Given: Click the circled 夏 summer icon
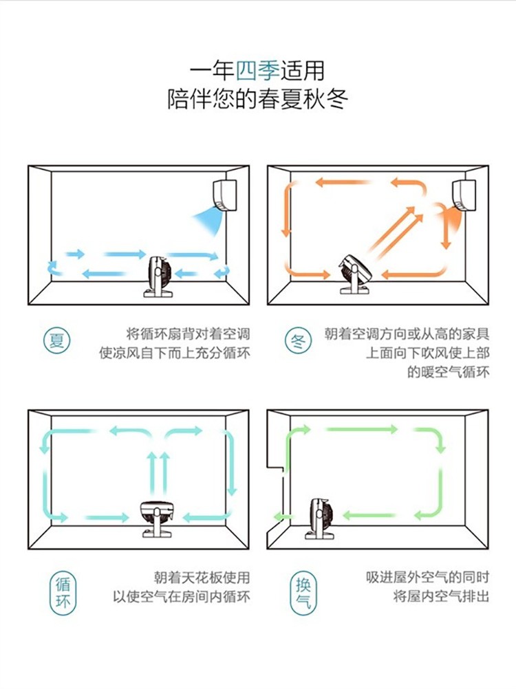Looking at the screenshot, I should pyautogui.click(x=58, y=340).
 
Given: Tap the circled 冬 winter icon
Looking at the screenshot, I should pyautogui.click(x=298, y=340).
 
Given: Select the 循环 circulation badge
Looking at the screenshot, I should pyautogui.click(x=63, y=595).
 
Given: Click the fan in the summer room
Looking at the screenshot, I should pyautogui.click(x=160, y=274).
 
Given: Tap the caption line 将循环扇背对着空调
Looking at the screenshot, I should pyautogui.click(x=187, y=334).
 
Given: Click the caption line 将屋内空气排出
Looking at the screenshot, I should pyautogui.click(x=441, y=596).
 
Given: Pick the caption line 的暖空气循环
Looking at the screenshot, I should pyautogui.click(x=448, y=373).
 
